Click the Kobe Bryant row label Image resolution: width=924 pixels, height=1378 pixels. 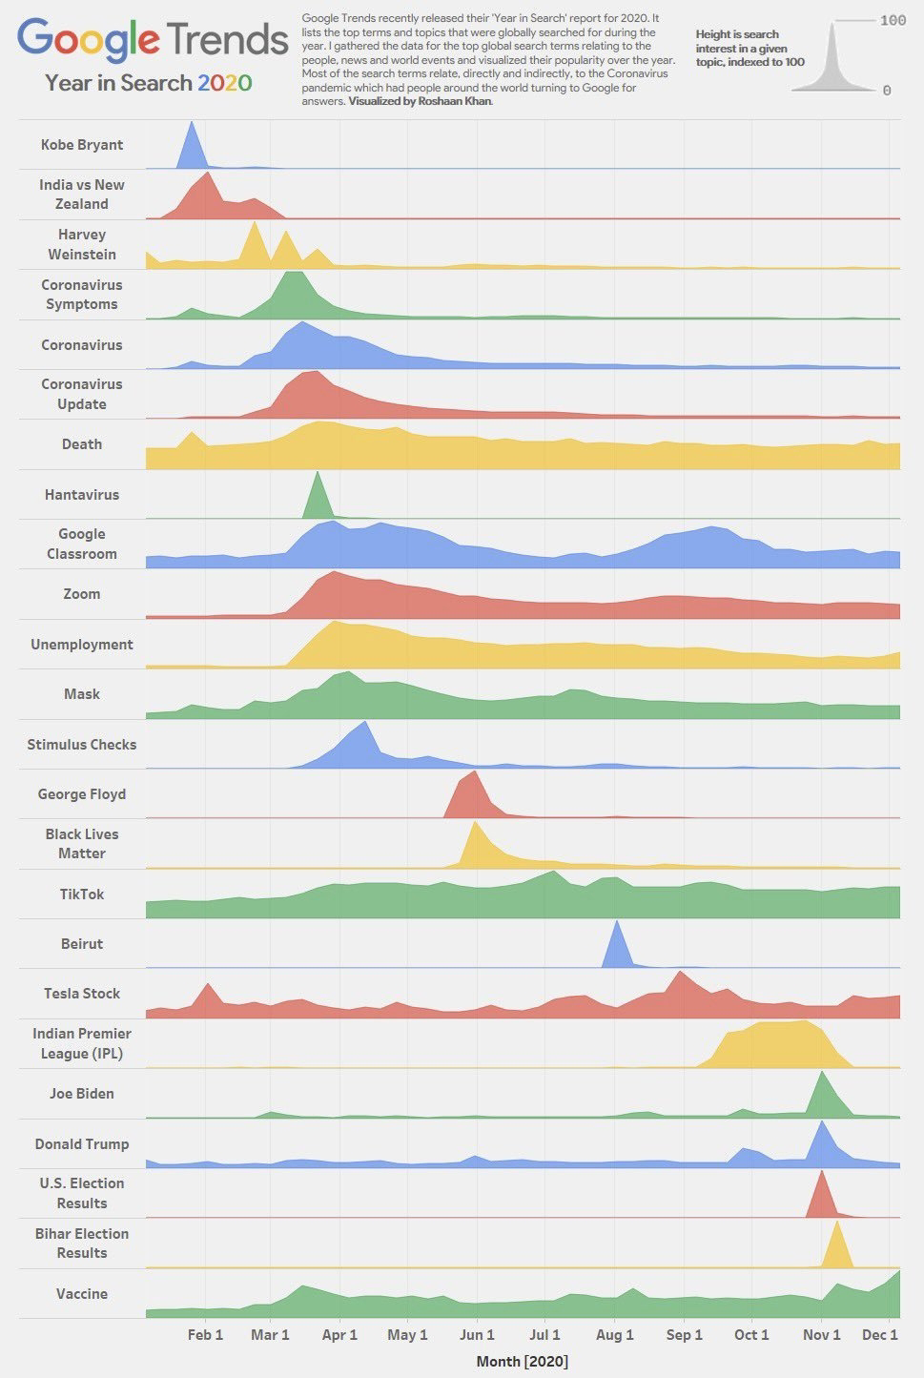[82, 145]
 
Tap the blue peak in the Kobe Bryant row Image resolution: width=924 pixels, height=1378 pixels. [192, 148]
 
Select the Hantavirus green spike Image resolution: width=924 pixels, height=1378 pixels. [318, 500]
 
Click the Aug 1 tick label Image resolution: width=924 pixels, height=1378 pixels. [615, 1334]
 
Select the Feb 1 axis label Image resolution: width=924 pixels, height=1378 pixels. [205, 1334]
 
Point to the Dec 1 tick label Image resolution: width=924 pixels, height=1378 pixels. [879, 1334]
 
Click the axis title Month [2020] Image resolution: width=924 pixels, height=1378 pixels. [522, 1361]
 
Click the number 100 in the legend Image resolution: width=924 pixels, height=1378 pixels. [893, 20]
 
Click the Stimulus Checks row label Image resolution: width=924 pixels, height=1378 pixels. [82, 745]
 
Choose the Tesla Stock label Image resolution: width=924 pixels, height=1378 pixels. [82, 994]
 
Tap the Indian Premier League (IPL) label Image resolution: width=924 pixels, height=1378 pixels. [82, 1043]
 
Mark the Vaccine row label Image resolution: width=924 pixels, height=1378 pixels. [82, 1294]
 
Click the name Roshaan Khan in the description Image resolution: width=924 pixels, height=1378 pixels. [455, 101]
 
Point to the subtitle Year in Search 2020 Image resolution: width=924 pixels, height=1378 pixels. [148, 83]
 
